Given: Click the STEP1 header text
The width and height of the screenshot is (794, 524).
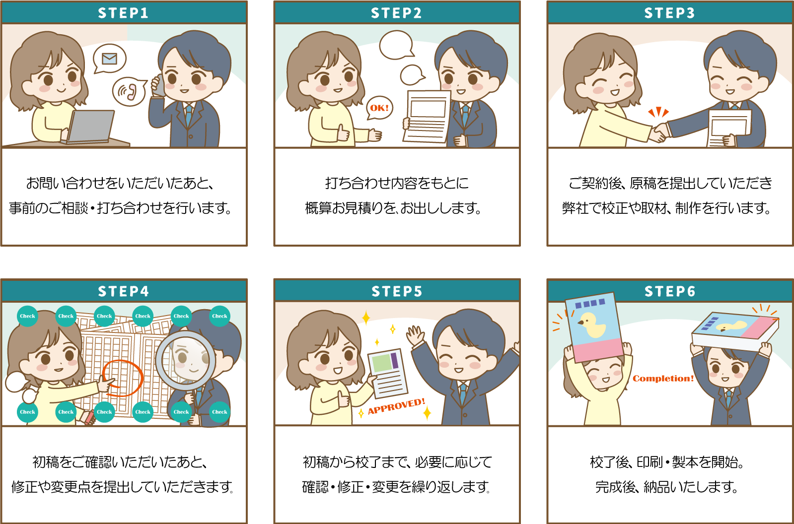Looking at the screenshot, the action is point(123,13).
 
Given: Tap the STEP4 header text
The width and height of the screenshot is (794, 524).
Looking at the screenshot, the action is point(123,291).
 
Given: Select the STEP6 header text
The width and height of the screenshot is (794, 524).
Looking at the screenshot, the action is point(669,291).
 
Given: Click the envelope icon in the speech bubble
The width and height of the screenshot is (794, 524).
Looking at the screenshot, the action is point(110,59).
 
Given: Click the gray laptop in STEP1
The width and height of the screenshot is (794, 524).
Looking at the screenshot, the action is point(91,127).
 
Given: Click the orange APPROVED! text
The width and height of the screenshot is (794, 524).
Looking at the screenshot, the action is point(396,406).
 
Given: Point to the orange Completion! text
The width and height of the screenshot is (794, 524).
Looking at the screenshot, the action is point(663,379).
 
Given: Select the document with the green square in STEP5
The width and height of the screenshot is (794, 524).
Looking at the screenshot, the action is point(388,373).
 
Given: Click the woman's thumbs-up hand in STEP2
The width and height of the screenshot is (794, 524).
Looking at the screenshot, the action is point(343,133).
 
